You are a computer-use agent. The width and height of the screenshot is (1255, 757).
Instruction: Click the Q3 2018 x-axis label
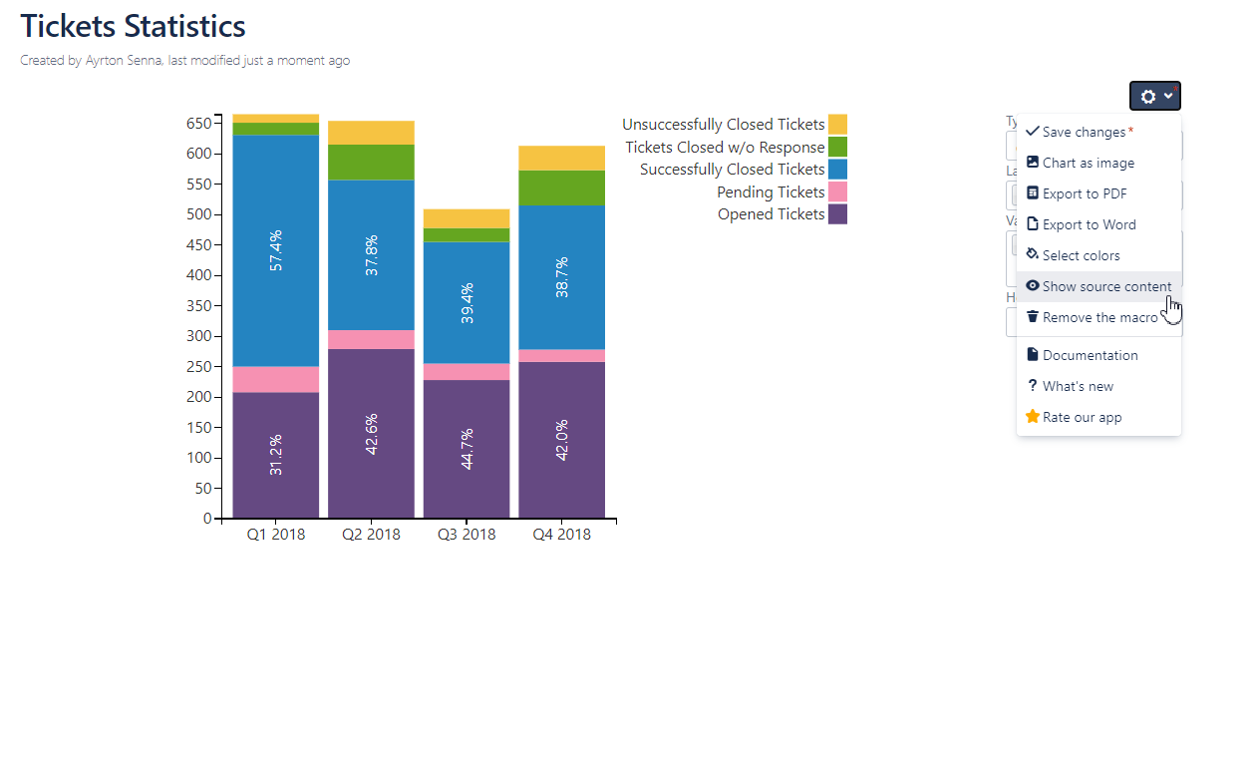467,535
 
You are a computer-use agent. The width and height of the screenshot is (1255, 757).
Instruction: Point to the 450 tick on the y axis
199,245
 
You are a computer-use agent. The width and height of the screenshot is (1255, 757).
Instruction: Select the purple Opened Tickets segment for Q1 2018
275,455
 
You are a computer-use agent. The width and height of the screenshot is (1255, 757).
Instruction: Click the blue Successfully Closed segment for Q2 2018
371,254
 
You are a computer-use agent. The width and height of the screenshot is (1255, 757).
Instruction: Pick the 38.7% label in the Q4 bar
562,278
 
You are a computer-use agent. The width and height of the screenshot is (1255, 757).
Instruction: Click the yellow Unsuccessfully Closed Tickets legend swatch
837,125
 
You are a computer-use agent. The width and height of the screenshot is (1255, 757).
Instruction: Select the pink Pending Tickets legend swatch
837,192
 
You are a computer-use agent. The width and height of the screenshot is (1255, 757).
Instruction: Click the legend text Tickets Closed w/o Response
725,148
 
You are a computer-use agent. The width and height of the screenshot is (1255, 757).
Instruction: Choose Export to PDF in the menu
1085,193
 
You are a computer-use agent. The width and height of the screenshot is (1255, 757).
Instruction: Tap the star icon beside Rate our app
1033,417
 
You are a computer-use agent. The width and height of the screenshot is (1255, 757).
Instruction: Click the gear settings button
1154,96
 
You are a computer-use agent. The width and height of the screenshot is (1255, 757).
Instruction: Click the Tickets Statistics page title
133,26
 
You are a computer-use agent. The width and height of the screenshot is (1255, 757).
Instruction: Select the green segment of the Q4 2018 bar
562,188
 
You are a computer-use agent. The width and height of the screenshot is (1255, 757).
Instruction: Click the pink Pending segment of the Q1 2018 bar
275,379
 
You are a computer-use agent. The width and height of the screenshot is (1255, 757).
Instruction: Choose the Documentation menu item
1090,355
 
